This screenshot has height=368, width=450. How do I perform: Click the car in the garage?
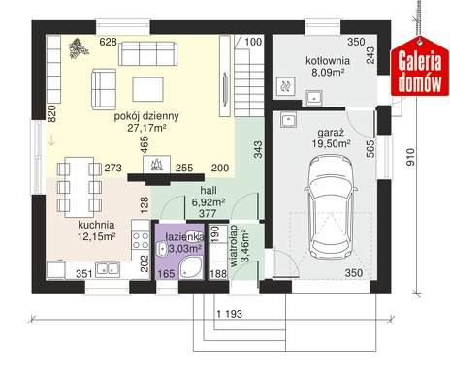coord(331,206)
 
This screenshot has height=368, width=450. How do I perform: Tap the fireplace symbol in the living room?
coord(157,165)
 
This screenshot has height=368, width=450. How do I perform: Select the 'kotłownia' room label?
coord(328,61)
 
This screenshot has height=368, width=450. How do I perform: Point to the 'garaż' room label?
coord(331,133)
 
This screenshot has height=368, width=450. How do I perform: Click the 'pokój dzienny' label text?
coord(146,116)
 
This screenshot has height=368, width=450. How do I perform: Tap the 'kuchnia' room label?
coord(96,225)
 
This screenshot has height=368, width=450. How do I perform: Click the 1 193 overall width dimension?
coord(229,314)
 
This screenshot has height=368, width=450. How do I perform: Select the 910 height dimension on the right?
coord(410,157)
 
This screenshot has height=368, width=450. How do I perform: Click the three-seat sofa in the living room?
coord(148,53)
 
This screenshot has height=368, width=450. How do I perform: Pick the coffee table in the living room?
coord(147,89)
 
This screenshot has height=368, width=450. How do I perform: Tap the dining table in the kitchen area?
coord(80,187)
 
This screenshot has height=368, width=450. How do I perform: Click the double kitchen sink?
coord(108,269)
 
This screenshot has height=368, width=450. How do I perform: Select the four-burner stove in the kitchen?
coord(140,240)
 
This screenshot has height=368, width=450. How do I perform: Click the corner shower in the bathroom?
coord(191,267)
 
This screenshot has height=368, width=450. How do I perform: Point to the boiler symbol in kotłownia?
coord(286,86)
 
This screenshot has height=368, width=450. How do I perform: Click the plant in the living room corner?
coord(78,48)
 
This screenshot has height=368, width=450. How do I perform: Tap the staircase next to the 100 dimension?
coord(249,76)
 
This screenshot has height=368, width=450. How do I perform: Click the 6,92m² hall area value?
coord(209,202)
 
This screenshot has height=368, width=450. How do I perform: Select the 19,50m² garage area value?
coord(331,143)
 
